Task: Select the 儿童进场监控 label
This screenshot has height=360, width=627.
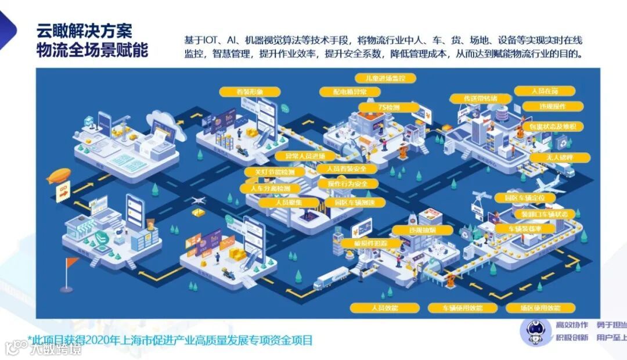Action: (381, 78)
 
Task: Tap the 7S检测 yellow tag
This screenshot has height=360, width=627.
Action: (388, 107)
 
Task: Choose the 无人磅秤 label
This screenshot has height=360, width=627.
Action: (560, 157)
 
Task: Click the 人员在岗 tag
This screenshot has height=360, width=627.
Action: (545, 91)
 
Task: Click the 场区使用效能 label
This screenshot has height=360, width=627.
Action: (540, 307)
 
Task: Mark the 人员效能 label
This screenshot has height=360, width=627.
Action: (384, 307)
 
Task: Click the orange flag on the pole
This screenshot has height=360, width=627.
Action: (72, 262)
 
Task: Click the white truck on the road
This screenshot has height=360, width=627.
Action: (330, 278)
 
